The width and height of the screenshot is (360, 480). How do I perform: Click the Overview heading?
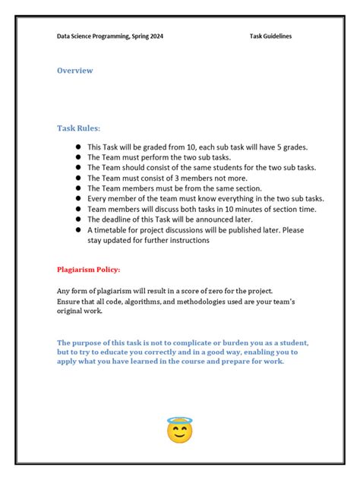75,71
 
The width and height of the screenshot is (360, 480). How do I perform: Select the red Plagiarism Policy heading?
88,269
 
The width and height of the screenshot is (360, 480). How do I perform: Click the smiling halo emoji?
179,429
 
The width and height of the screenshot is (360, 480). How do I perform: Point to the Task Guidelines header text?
270,36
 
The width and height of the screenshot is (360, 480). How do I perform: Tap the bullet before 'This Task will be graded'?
77,147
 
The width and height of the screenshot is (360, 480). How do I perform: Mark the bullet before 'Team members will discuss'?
77,209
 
